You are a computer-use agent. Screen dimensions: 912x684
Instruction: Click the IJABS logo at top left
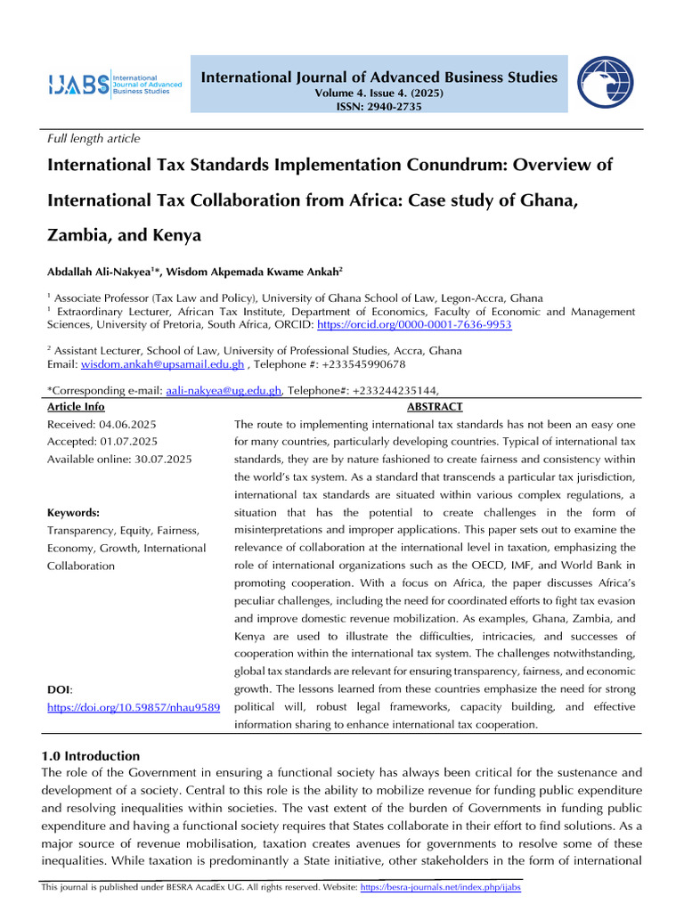(114, 85)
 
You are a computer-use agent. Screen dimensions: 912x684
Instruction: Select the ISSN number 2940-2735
(391, 107)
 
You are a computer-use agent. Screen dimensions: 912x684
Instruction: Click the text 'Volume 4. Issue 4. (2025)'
(379, 94)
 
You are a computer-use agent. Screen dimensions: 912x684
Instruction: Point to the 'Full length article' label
(94, 138)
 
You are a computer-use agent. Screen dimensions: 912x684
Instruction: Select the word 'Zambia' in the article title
(76, 235)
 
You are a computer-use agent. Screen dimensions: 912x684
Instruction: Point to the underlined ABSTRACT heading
(435, 407)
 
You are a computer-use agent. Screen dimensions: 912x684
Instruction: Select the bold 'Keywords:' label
(73, 513)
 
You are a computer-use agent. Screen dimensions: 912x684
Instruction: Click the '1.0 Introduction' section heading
(92, 756)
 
